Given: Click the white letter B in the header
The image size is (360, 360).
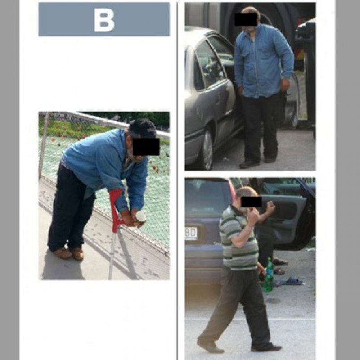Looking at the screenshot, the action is click(104, 20).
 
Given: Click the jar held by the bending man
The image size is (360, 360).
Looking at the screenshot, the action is click(139, 218).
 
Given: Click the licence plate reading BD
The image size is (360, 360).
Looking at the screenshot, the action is click(191, 233).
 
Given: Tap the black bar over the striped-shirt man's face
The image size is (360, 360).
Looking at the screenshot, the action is click(251, 202).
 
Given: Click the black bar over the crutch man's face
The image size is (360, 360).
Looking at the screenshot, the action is click(146, 147).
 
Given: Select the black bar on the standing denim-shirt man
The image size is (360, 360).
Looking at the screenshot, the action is click(246, 19).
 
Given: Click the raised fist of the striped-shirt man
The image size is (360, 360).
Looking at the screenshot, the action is click(270, 206).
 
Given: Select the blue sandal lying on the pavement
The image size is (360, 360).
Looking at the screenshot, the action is click(291, 281).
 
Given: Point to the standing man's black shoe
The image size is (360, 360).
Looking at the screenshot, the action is click(249, 164).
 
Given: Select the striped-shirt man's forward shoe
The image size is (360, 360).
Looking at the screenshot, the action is click(210, 346).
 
